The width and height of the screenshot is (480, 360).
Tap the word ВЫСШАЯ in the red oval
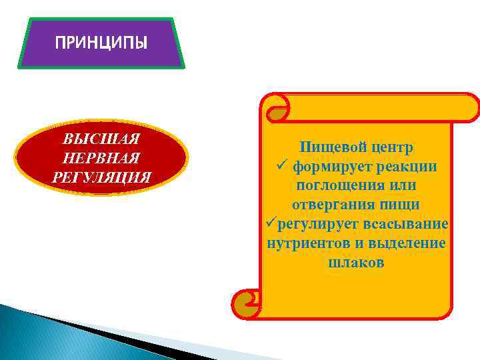point(101,140)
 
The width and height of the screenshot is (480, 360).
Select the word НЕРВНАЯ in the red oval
point(101,158)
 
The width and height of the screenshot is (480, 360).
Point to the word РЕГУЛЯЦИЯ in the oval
point(101,177)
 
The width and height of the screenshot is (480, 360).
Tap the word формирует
point(331,165)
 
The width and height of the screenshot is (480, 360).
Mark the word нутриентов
point(306,243)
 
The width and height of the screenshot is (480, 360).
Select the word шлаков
point(356,262)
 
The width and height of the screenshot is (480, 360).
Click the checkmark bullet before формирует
point(281,165)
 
